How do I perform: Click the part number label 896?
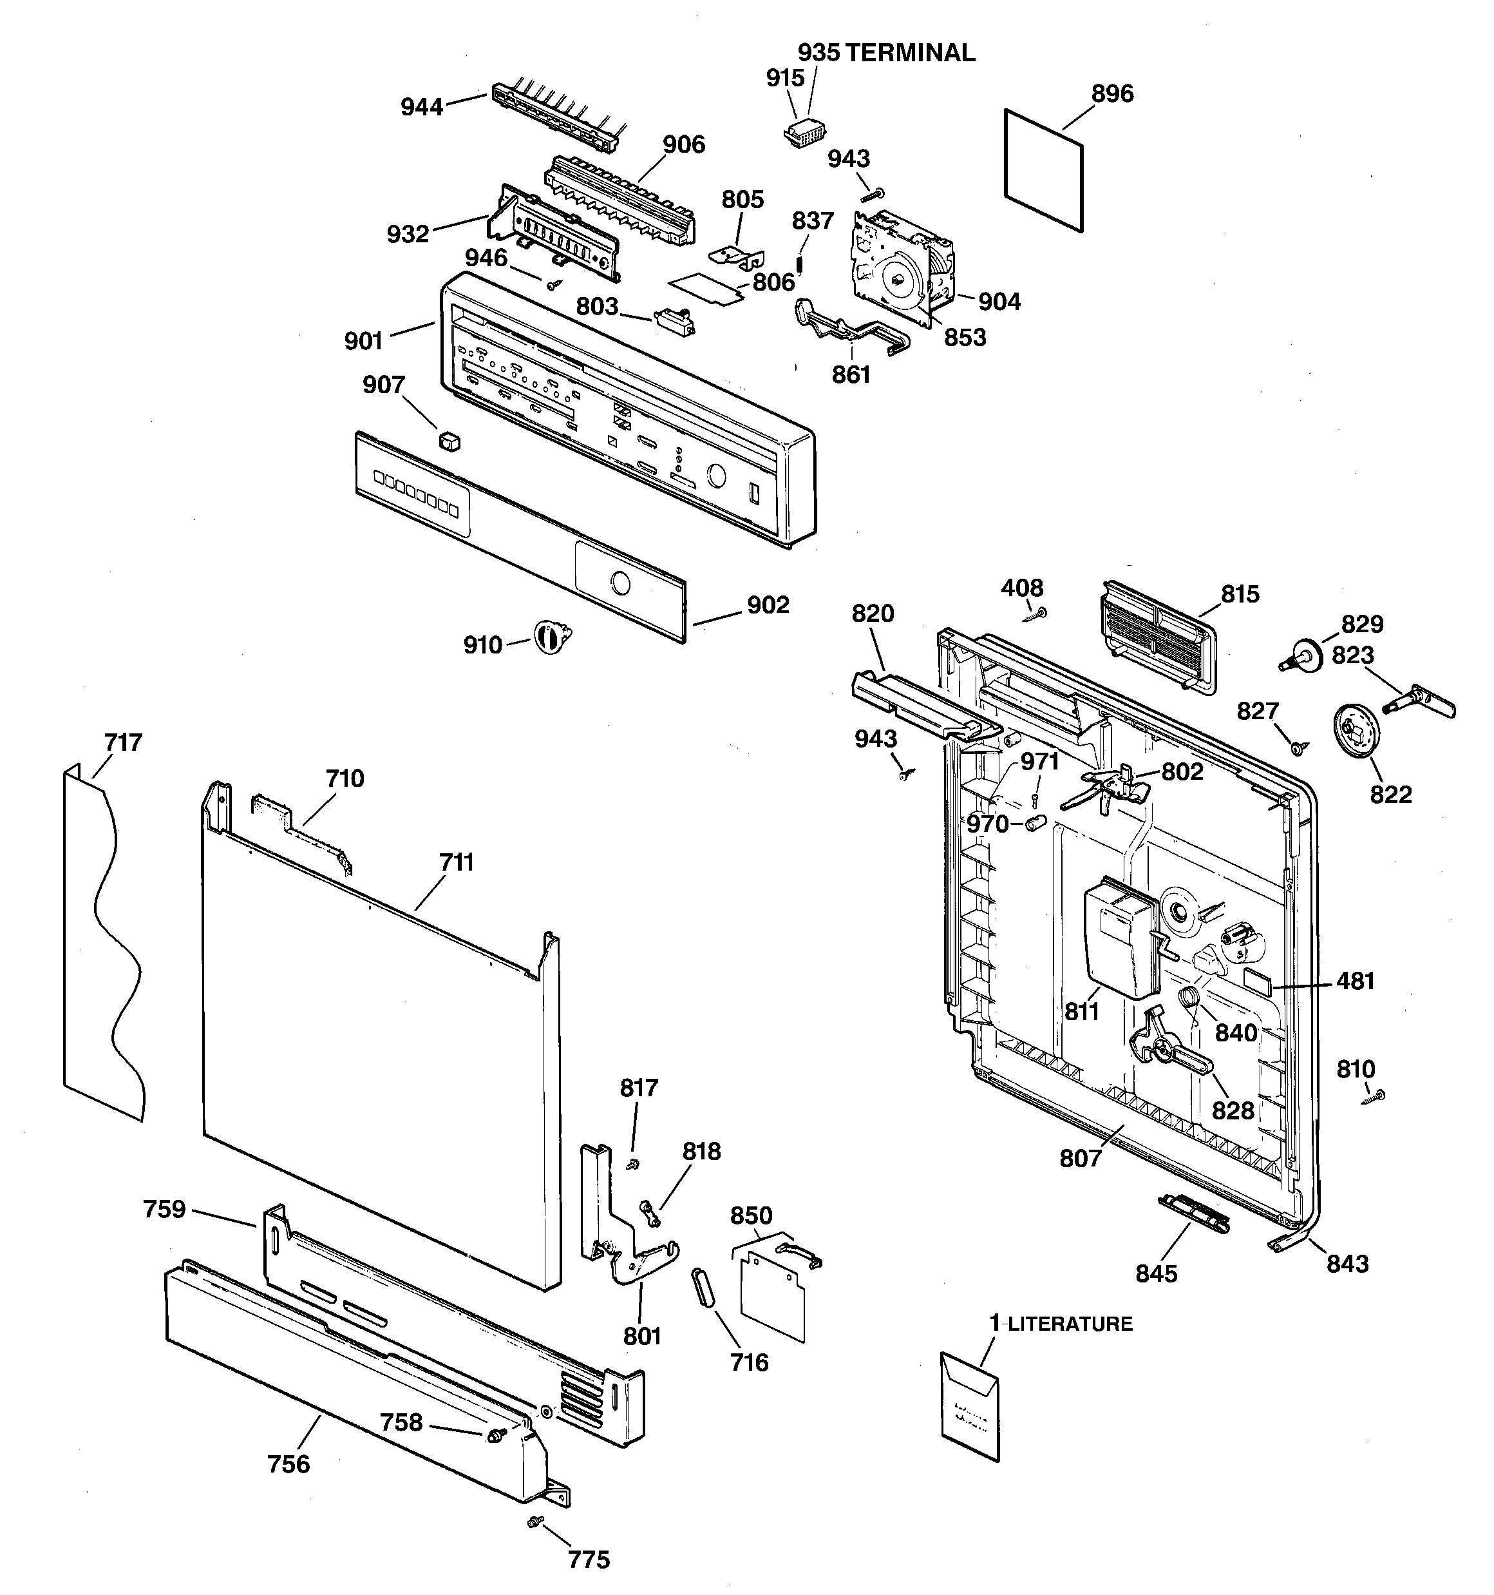pos(1111,94)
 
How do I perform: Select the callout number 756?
pos(288,1464)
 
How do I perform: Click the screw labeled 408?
pos(1039,614)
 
